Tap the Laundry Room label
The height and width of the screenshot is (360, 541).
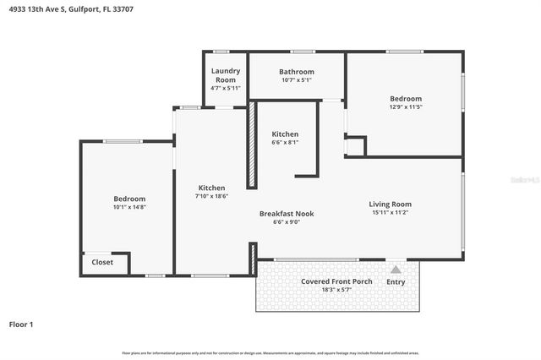coord(226,75)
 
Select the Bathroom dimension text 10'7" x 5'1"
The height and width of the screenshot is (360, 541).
coord(297,80)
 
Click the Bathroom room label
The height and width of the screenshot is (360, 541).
coord(297,72)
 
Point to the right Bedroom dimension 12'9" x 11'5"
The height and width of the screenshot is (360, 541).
coord(405,107)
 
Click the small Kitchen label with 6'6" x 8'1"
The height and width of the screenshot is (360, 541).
coord(285,143)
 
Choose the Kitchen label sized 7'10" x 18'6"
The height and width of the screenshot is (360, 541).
coord(211,196)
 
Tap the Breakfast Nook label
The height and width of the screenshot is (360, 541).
coord(287,214)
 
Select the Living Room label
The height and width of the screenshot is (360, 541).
coord(390,204)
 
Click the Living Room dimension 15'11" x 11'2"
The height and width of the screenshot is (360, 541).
coord(390,212)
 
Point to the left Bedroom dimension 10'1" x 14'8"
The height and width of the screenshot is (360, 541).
coord(129,207)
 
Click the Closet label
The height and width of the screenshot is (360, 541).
coord(103,262)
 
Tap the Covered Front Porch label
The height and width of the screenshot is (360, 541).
coord(336,281)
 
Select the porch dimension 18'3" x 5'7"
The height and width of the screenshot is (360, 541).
coord(336,289)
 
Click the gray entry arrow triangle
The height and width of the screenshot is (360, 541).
coord(395,268)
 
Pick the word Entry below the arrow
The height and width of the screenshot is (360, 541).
coord(395,281)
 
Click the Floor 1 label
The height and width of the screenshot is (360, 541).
coord(21,324)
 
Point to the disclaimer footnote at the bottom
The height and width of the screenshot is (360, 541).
coord(270,352)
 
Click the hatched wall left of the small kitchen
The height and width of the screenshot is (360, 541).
coord(251,145)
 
